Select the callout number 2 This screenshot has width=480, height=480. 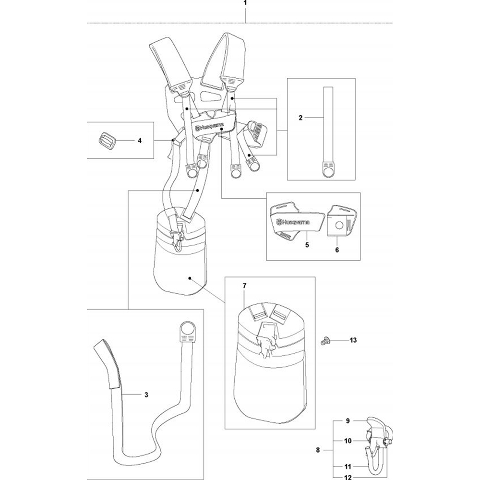300,118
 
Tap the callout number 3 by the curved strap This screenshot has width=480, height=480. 146,395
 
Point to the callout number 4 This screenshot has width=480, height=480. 140,141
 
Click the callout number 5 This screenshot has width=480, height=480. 307,245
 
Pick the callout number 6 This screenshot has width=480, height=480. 337,250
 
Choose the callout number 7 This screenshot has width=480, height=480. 244,286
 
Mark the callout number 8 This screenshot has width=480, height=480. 318,450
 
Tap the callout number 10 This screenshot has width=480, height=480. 348,441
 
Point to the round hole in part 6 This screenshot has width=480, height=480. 339,225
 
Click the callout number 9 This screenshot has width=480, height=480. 348,421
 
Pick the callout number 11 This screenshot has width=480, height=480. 348,467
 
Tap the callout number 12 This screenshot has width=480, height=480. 348,477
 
